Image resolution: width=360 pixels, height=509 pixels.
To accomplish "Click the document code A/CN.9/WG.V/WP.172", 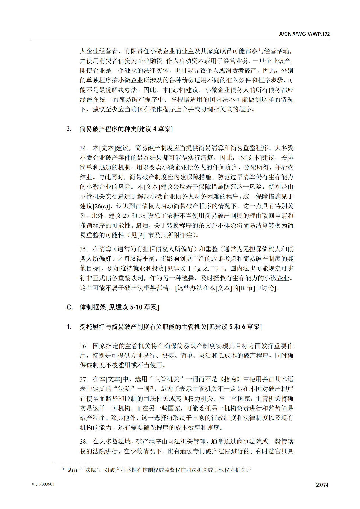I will [304, 34].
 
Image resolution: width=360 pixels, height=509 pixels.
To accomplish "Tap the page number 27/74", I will [322, 485].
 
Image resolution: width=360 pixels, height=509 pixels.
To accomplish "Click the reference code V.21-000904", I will [43, 484].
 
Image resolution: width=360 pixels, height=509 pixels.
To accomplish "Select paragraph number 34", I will [83, 148].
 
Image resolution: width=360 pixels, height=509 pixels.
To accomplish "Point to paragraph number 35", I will [83, 249].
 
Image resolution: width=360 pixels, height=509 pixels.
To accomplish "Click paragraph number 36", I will [83, 346].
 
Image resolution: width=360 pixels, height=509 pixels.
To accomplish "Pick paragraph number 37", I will [83, 380].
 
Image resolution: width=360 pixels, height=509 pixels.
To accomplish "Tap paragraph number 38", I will [83, 442].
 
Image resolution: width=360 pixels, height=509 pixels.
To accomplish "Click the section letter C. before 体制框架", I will [69, 307].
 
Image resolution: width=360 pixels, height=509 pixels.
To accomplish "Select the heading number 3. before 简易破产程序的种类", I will [69, 129].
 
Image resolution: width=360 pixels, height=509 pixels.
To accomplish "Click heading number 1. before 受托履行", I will [69, 327].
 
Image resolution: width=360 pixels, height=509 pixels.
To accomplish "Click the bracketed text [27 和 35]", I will [134, 216].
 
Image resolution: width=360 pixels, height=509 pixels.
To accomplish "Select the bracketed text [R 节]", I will [247, 288].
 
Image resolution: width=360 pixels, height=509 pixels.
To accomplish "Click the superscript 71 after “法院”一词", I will [151, 387].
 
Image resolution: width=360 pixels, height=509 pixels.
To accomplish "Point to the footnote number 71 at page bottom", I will [63, 469].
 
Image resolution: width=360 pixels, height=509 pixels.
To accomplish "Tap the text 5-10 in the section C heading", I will [136, 307].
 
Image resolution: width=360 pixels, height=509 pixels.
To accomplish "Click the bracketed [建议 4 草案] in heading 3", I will [155, 129].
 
